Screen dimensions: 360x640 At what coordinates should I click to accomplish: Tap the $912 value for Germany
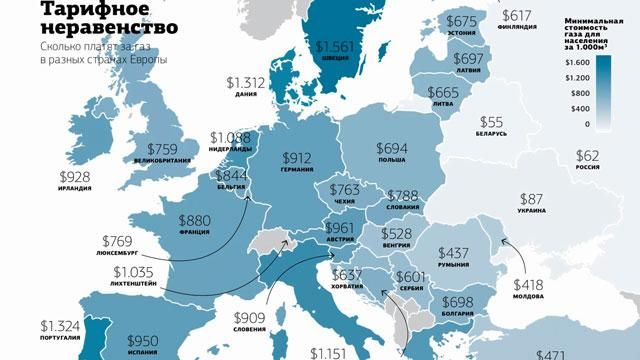pos(298,158)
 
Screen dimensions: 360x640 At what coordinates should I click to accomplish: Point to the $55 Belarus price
pos(492,120)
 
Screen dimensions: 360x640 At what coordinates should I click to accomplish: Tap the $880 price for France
pos(197,220)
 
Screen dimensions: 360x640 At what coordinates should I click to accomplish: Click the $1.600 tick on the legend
pos(578,62)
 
